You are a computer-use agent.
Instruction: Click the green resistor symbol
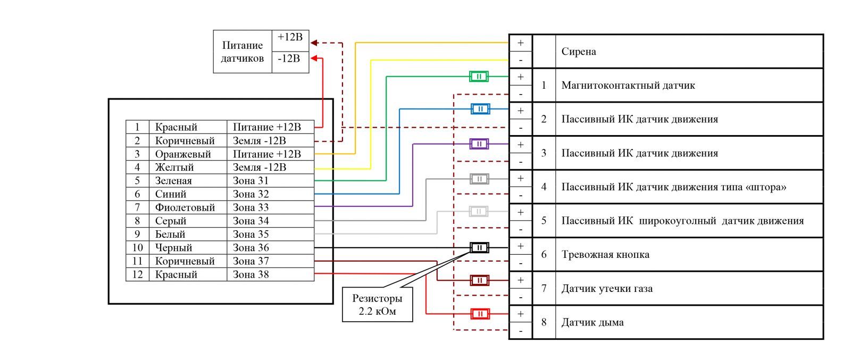pyautogui.click(x=479, y=77)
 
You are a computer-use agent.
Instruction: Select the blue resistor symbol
pyautogui.click(x=480, y=109)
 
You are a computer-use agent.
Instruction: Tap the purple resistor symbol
pyautogui.click(x=479, y=144)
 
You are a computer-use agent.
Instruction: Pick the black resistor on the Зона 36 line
pyautogui.click(x=479, y=248)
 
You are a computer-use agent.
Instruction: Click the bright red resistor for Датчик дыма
pyautogui.click(x=480, y=314)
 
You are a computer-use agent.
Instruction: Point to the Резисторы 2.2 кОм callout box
pyautogui.click(x=378, y=305)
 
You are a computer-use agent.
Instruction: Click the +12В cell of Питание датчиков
pyautogui.click(x=290, y=37)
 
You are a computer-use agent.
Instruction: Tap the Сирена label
pyautogui.click(x=579, y=52)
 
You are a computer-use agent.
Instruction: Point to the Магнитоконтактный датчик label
pyautogui.click(x=628, y=86)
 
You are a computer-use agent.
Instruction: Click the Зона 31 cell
pyautogui.click(x=251, y=181)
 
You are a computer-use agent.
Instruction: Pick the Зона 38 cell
pyautogui.click(x=251, y=274)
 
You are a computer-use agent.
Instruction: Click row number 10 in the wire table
pyautogui.click(x=137, y=248)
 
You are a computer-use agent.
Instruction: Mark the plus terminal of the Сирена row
pyautogui.click(x=521, y=43)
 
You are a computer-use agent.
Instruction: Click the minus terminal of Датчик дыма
pyautogui.click(x=521, y=331)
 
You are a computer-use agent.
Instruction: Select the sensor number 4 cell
pyautogui.click(x=544, y=187)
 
